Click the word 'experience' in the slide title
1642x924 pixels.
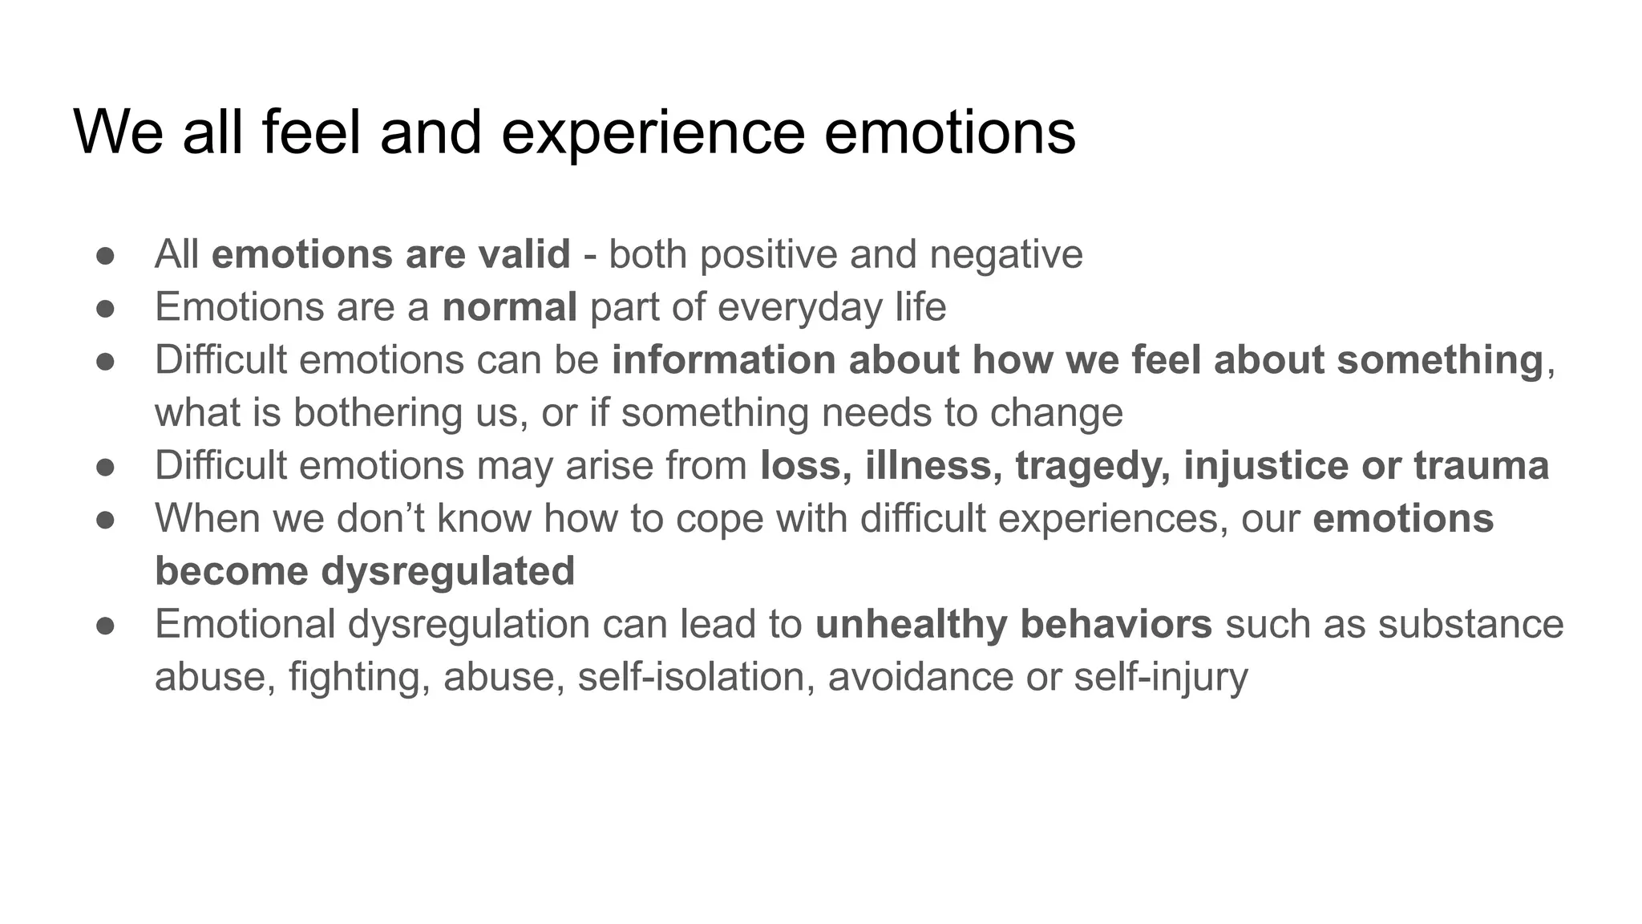652,132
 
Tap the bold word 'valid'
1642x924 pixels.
524,254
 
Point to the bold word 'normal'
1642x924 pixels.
510,307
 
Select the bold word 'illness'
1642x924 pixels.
933,465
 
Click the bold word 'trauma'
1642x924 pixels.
1481,465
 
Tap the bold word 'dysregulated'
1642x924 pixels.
448,571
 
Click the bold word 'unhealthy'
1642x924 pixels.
911,624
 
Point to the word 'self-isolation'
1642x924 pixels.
696,676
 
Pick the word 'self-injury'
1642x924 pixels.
1161,676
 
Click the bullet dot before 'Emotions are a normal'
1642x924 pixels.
106,308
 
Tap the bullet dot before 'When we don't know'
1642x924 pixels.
106,519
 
